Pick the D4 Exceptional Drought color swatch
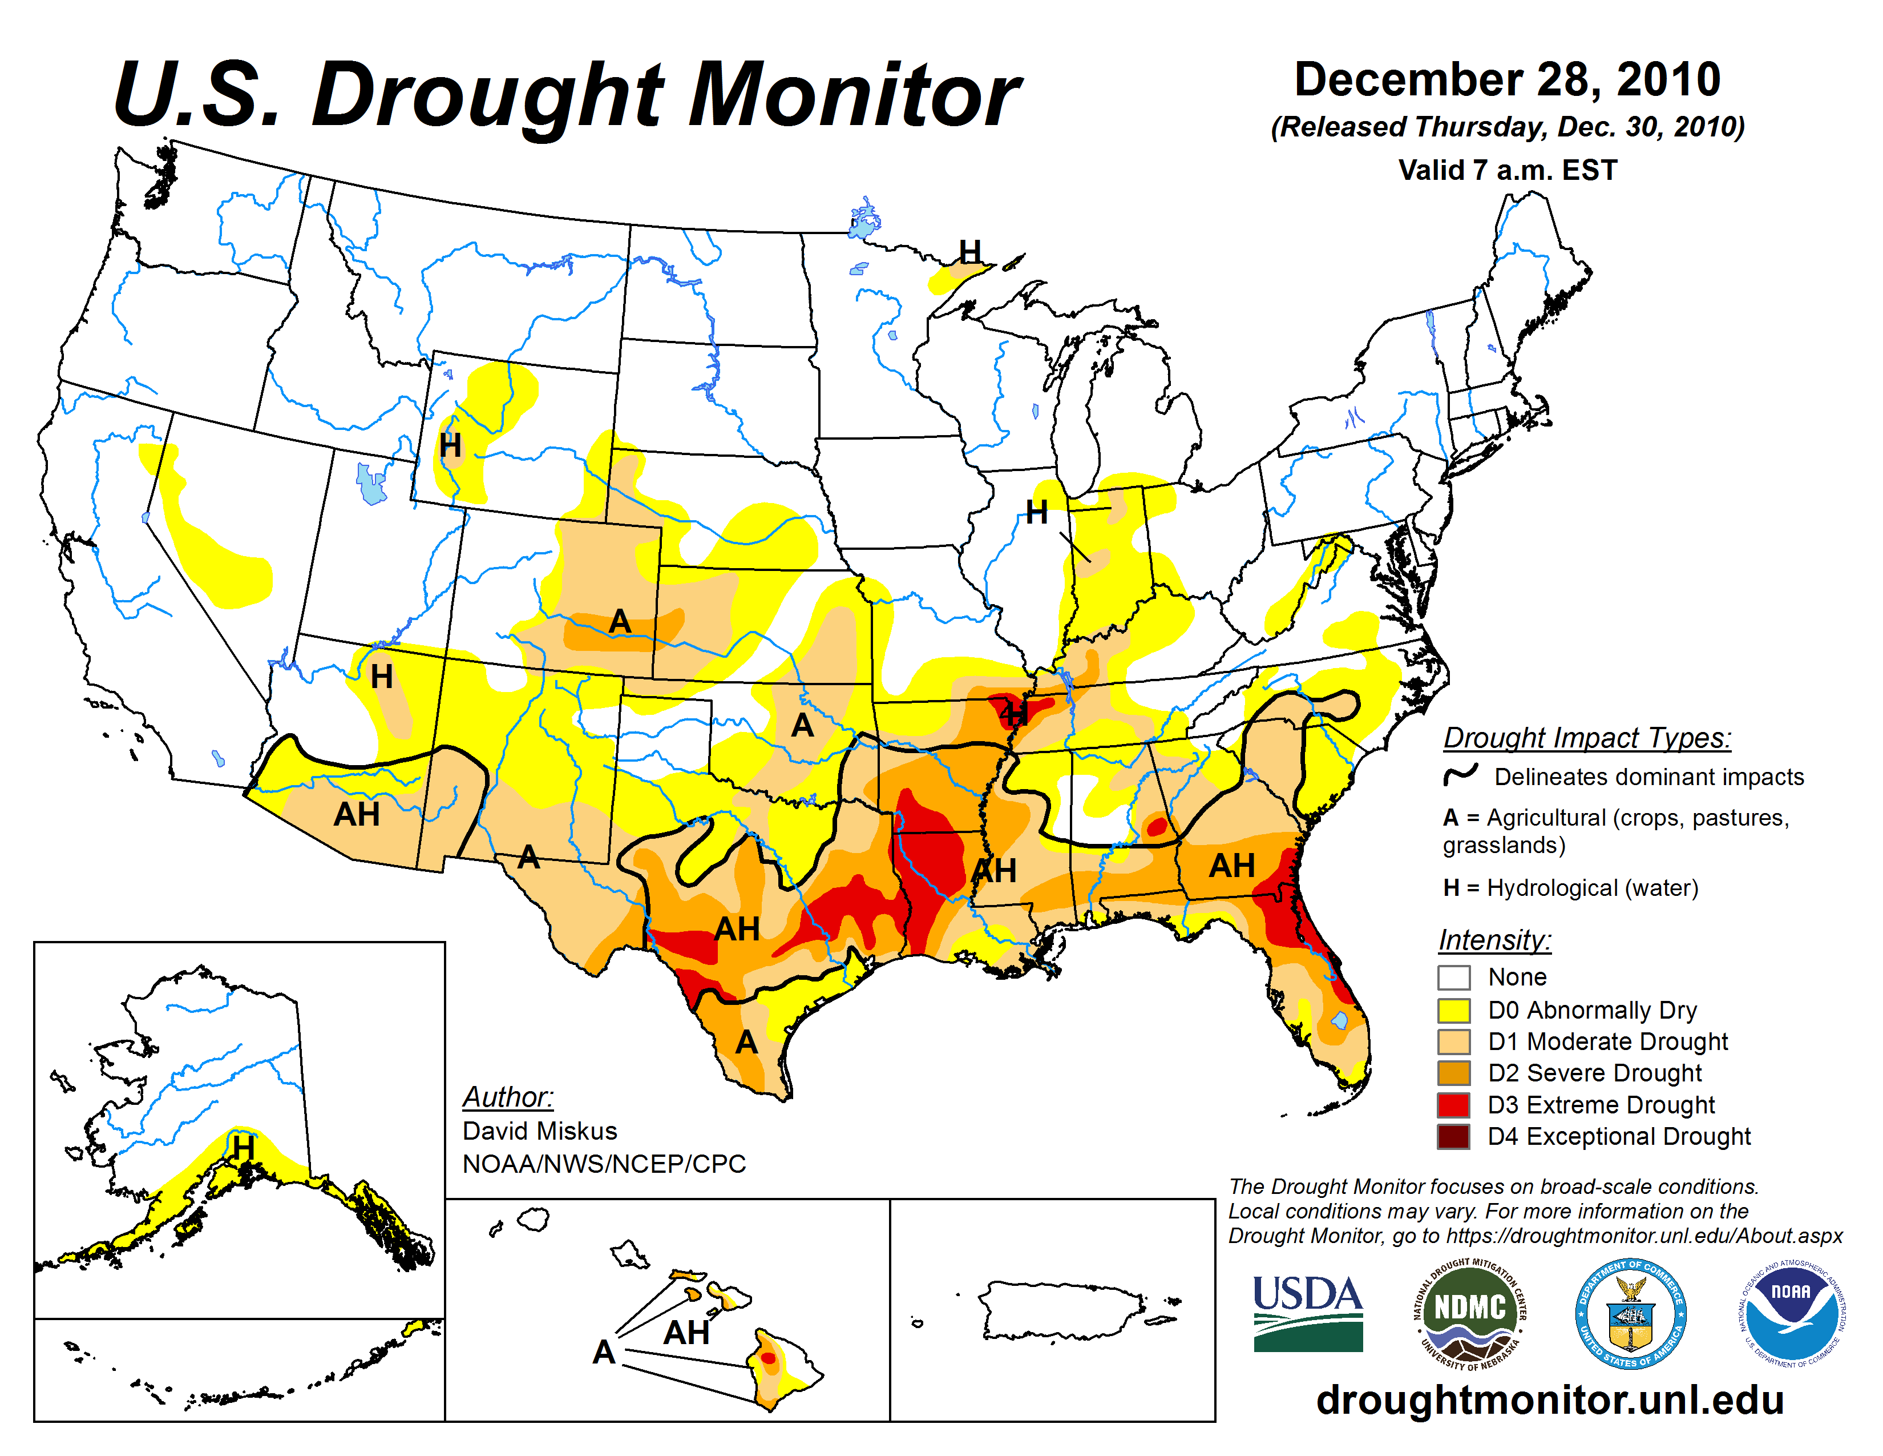pos(1454,1136)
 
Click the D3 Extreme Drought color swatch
pos(1454,1104)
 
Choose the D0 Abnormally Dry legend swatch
pos(1454,1009)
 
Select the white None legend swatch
pos(1454,978)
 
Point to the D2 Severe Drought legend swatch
pos(1454,1072)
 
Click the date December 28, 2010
pos(1507,79)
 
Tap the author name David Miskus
pos(540,1131)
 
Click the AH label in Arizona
pos(357,814)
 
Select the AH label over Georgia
pos(1231,865)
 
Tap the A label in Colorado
pos(619,621)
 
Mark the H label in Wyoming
pos(450,446)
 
